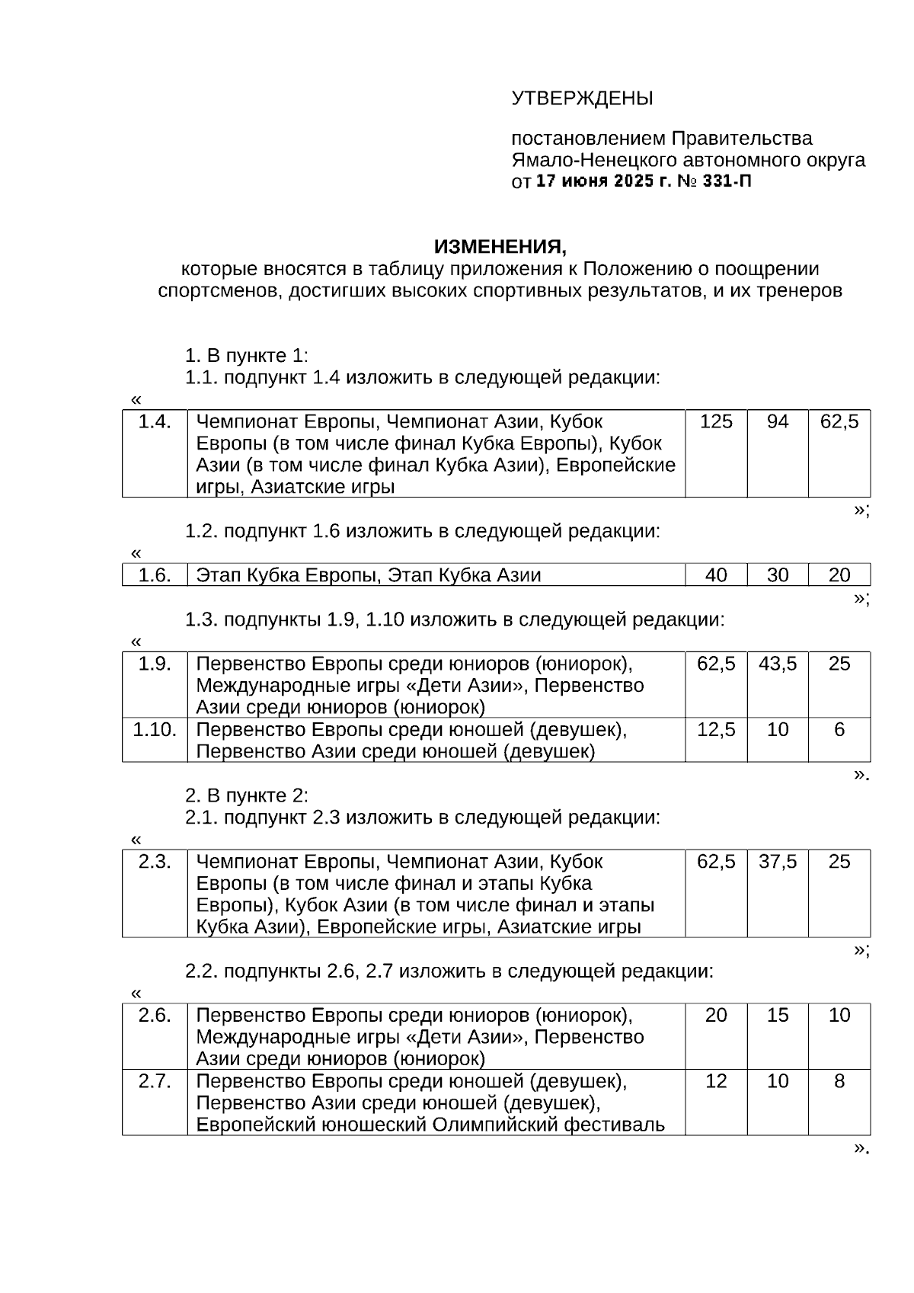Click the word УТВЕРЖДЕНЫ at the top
(582, 99)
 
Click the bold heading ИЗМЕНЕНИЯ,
(500, 247)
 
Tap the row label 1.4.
(155, 422)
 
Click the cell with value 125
(716, 422)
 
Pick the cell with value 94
(778, 422)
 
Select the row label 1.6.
(155, 575)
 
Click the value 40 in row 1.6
(716, 575)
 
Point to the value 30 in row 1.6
(778, 575)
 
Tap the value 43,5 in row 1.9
(778, 664)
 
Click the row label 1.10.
(155, 730)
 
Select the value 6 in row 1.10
(839, 730)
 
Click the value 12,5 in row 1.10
(716, 730)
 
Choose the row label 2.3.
(155, 862)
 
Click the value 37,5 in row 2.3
(778, 862)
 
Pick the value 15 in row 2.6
(778, 1015)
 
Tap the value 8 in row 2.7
(839, 1081)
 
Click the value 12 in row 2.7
(716, 1081)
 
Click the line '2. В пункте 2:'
(247, 795)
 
